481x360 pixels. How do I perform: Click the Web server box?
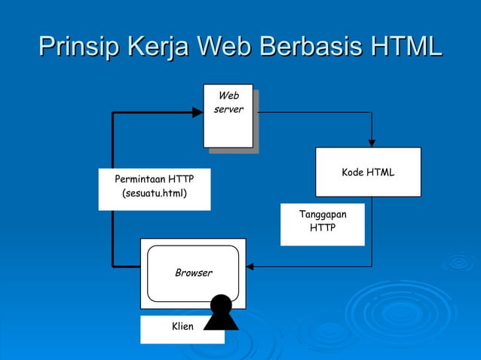coord(228,117)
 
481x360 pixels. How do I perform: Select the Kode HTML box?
coord(368,172)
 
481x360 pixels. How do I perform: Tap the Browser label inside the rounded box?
coord(194,273)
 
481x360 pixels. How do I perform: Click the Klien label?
coord(183,326)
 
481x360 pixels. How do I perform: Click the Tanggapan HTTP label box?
coord(323,223)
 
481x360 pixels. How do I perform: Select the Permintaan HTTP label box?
coord(155,188)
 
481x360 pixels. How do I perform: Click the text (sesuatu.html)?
coord(155,194)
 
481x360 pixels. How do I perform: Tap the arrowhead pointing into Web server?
coord(198,112)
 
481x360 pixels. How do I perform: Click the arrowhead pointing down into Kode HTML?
coord(371,142)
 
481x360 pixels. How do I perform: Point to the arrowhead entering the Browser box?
coord(251,266)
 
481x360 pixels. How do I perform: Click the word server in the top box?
coord(228,111)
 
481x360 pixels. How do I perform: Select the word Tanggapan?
coord(323,215)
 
